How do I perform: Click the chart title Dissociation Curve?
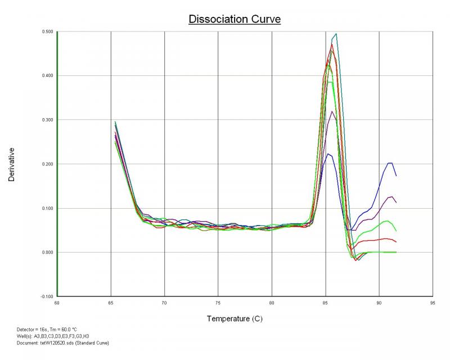234,19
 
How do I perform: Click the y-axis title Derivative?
12,164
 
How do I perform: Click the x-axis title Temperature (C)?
234,319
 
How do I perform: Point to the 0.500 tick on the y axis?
47,31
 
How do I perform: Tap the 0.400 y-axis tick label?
47,75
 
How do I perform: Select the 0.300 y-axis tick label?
47,120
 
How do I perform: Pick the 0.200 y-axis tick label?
47,164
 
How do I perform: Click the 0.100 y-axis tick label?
47,208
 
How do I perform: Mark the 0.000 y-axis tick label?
47,252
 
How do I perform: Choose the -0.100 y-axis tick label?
46,296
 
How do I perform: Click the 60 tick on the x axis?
57,302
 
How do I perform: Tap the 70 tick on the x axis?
164,302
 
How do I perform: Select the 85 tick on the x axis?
326,302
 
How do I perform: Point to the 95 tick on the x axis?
433,302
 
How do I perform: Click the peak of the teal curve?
336,34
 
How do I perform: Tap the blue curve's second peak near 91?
390,163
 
